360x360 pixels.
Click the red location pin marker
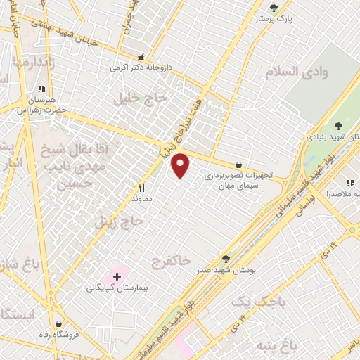click(181, 165)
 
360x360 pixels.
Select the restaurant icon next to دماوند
click(142, 188)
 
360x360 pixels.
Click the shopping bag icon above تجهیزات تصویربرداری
click(240, 165)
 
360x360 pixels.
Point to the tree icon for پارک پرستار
click(274, 8)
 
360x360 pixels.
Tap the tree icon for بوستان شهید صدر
click(226, 259)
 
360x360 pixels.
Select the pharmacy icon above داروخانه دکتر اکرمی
click(141, 57)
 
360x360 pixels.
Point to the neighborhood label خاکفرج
click(171, 261)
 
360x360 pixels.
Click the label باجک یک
click(251, 302)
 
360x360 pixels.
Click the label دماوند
click(142, 199)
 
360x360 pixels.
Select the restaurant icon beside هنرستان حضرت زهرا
click(41, 89)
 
